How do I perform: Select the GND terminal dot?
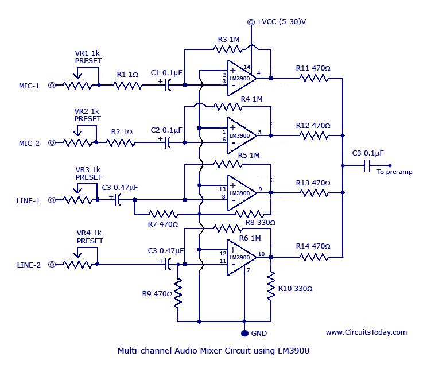coord(244,333)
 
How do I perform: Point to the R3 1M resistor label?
coord(229,40)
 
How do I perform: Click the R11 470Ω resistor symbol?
coord(312,78)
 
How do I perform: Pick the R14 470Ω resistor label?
coord(313,246)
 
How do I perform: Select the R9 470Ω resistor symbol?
coord(178,293)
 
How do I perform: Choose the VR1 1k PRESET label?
coord(87,56)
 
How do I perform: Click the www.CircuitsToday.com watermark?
coord(366,332)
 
